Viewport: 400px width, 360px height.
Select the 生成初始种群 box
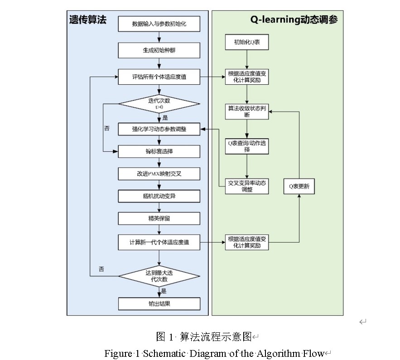(x=159, y=50)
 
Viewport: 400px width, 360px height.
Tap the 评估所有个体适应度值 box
(x=159, y=77)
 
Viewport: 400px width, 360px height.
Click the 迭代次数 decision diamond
(x=159, y=103)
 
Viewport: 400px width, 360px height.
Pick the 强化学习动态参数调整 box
(x=159, y=129)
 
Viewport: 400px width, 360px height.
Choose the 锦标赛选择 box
(x=159, y=151)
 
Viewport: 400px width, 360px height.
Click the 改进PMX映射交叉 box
(x=159, y=174)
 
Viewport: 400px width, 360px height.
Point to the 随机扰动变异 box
(x=159, y=196)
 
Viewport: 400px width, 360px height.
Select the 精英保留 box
(x=159, y=218)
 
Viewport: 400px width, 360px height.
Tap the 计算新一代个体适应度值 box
(x=159, y=242)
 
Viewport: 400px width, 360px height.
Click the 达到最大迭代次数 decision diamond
(x=159, y=277)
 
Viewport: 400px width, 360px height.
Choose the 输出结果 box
(x=159, y=303)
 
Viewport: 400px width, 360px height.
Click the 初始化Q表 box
(x=247, y=43)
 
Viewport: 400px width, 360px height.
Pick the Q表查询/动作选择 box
(x=247, y=146)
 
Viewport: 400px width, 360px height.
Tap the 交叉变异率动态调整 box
(x=247, y=186)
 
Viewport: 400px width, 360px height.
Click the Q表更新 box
(x=299, y=186)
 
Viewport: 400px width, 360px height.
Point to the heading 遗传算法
(x=87, y=20)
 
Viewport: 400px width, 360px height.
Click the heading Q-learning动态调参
(x=294, y=20)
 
